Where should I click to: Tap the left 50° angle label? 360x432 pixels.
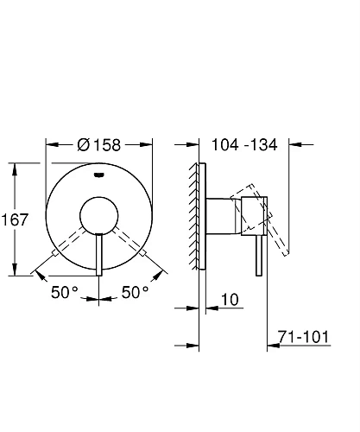point(64,292)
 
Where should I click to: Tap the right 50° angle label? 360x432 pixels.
point(136,292)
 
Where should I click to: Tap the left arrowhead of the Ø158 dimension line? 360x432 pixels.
point(49,145)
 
